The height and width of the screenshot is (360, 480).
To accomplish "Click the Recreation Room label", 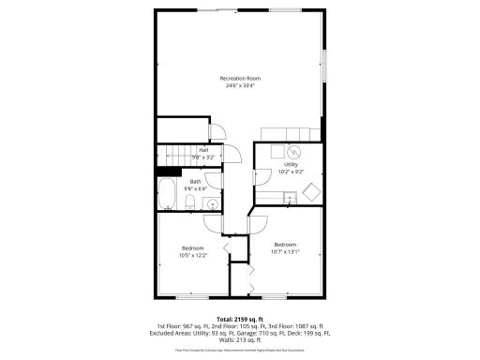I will pyautogui.click(x=240, y=77).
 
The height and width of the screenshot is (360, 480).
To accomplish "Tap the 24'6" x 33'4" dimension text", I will pyautogui.click(x=240, y=85).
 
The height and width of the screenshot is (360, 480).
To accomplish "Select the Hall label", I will pyautogui.click(x=202, y=150).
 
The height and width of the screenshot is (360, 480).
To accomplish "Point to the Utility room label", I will pyautogui.click(x=291, y=164).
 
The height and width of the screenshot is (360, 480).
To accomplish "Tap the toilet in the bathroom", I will pyautogui.click(x=190, y=202).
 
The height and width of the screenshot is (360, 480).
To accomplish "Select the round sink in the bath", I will pyautogui.click(x=212, y=202).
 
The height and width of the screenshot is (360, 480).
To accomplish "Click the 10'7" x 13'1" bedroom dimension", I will pyautogui.click(x=285, y=251).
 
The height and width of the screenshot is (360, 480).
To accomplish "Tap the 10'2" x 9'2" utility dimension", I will pyautogui.click(x=291, y=172).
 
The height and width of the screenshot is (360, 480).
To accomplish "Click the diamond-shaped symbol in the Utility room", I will pyautogui.click(x=310, y=192).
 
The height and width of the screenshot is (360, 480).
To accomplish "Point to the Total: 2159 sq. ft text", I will pyautogui.click(x=240, y=320).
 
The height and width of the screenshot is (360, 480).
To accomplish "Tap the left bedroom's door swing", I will pyautogui.click(x=212, y=223).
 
